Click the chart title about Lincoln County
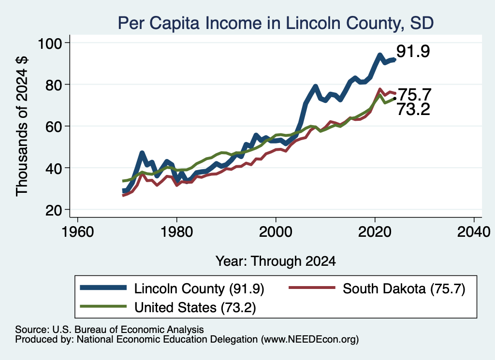point(276,23)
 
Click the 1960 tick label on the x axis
point(78,232)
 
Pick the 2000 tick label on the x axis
point(276,232)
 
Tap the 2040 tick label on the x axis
point(474,232)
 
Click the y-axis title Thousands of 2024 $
point(22,126)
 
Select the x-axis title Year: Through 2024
point(276,261)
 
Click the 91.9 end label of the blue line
point(413,51)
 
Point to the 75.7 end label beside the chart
point(414,94)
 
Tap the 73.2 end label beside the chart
point(413,109)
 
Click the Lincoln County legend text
point(199,288)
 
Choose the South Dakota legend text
point(404,288)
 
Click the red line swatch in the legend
point(312,288)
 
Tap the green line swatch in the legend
point(103,306)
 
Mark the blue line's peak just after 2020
point(379,55)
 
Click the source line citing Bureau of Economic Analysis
point(109,330)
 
